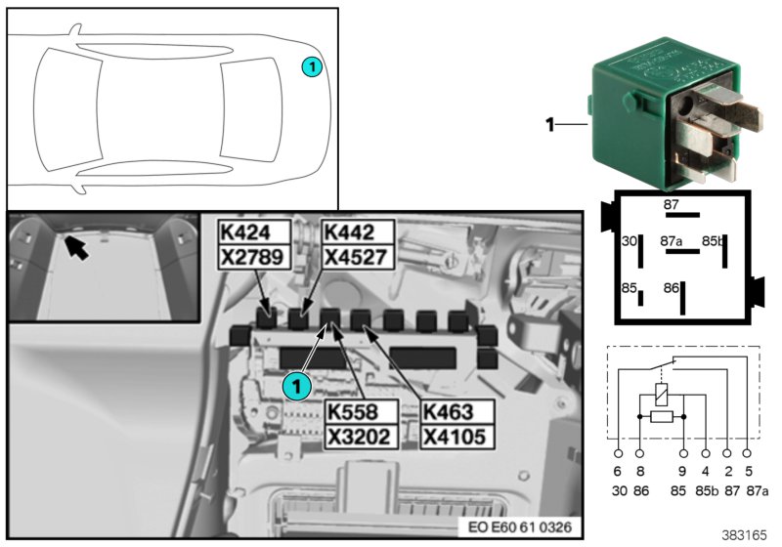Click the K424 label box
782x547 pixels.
pyautogui.click(x=254, y=231)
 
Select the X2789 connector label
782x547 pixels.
pyautogui.click(x=254, y=256)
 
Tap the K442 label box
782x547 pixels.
pyautogui.click(x=357, y=231)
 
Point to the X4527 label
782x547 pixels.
pyautogui.click(x=357, y=256)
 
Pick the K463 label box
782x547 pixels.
pyautogui.click(x=456, y=411)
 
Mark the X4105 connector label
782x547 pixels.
pyautogui.click(x=456, y=436)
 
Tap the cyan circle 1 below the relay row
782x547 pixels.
pyautogui.click(x=296, y=386)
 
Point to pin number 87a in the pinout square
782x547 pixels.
pyautogui.click(x=671, y=239)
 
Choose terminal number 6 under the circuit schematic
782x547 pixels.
pyautogui.click(x=619, y=470)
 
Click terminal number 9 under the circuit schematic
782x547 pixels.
pyautogui.click(x=683, y=470)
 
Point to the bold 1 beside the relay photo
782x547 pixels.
pyautogui.click(x=549, y=124)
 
